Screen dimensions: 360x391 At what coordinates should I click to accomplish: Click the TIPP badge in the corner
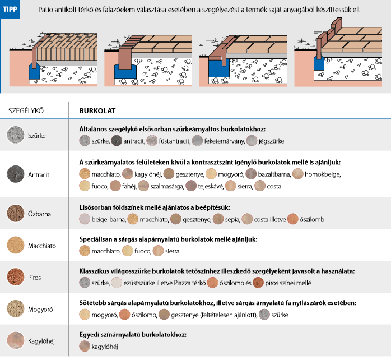10,10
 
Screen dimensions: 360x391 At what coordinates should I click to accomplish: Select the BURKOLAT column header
97,110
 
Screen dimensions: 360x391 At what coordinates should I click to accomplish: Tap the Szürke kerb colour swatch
15,135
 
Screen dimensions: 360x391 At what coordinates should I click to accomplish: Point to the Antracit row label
39,174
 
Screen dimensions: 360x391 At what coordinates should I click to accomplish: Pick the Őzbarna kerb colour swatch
15,213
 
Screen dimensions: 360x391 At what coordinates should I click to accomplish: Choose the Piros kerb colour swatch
15,277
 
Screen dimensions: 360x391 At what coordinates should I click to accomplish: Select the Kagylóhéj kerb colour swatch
15,340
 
